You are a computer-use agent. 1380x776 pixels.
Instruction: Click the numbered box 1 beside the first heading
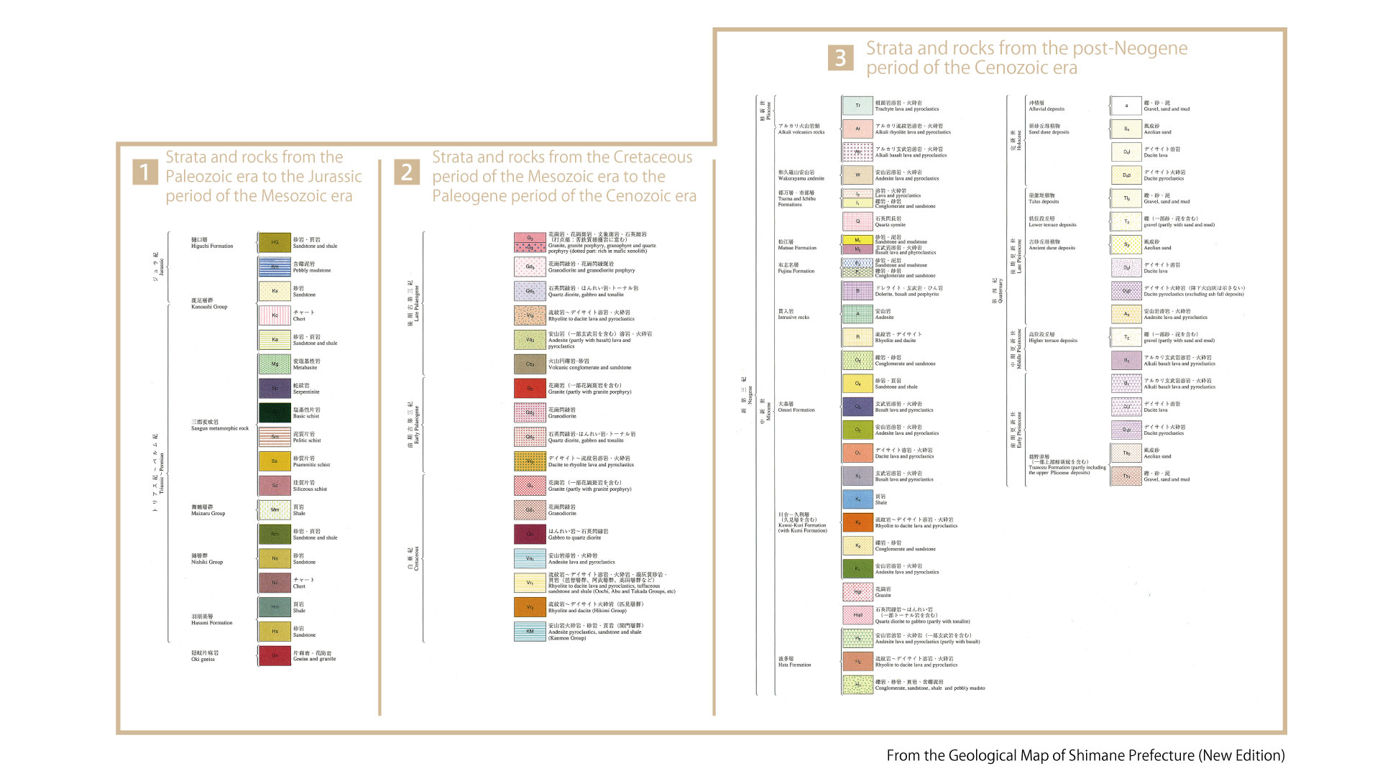(144, 172)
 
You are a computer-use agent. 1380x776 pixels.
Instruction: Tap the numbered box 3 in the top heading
(840, 57)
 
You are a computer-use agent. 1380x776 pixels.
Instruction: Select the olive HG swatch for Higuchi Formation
(275, 243)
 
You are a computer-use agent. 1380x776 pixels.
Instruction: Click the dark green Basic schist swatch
(275, 412)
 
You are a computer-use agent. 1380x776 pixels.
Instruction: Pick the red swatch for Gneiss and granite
(275, 655)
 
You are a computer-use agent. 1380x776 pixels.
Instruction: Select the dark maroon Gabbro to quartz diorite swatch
(530, 534)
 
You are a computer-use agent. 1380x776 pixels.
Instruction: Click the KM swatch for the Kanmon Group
(530, 631)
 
